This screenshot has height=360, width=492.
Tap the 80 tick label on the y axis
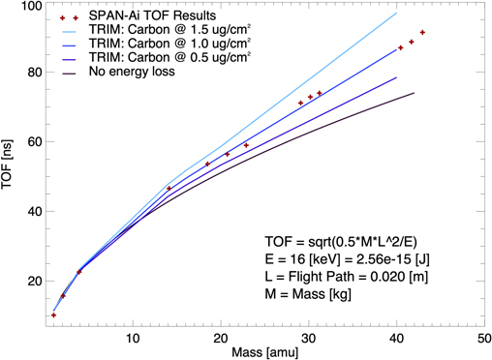(31, 73)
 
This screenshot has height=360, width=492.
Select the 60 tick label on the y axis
(31, 142)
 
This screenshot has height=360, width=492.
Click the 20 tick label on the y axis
(31, 282)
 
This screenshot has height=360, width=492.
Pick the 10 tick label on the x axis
(133, 338)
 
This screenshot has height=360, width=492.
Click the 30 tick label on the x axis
(309, 338)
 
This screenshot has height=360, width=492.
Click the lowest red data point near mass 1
(53, 315)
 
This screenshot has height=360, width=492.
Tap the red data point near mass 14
(169, 188)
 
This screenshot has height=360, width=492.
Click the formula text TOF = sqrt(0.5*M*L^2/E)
(345, 239)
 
